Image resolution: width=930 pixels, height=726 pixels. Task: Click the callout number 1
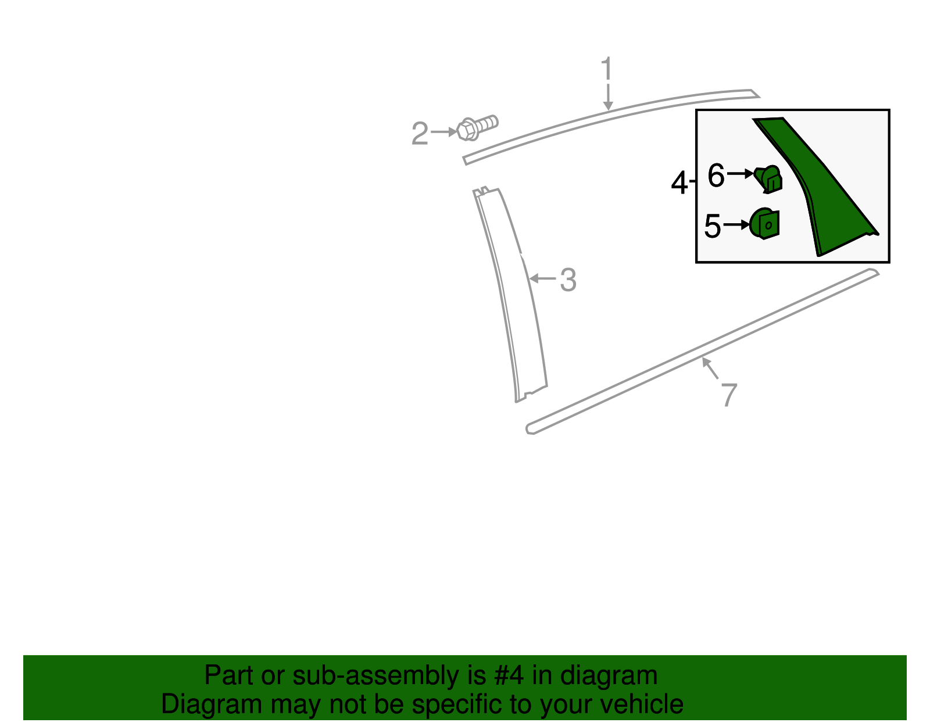pyautogui.click(x=607, y=69)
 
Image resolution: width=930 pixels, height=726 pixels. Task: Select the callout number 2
pyautogui.click(x=420, y=134)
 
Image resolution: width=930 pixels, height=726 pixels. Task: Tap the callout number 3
pyautogui.click(x=568, y=280)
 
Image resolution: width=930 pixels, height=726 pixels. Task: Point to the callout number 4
pyautogui.click(x=679, y=184)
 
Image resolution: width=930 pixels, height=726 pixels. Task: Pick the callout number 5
pyautogui.click(x=712, y=226)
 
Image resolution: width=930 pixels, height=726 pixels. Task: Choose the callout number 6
pyautogui.click(x=716, y=175)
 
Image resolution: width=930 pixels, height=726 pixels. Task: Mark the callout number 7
pyautogui.click(x=729, y=395)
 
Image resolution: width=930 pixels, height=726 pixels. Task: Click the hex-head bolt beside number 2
pyautogui.click(x=477, y=127)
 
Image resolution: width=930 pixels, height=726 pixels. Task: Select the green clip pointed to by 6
pyautogui.click(x=769, y=178)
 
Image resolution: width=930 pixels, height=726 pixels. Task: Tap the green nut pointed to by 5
pyautogui.click(x=764, y=224)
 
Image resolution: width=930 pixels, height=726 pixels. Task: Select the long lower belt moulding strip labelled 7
pyautogui.click(x=697, y=355)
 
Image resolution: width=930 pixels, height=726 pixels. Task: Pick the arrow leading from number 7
pyautogui.click(x=710, y=369)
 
